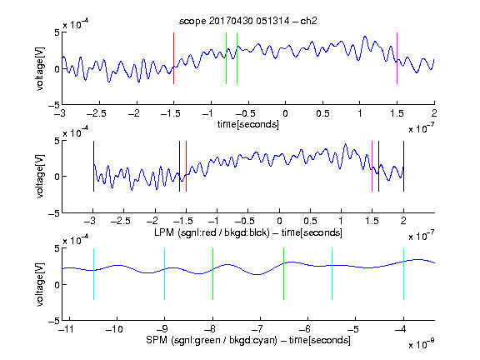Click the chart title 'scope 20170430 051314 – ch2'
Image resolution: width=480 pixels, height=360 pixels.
coord(248,21)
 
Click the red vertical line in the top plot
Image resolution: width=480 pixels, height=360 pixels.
coord(173,58)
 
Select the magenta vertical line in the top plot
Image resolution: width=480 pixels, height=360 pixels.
coord(397,58)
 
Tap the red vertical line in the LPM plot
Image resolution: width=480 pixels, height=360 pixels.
coord(186,166)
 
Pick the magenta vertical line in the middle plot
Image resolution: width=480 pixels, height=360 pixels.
coord(372,166)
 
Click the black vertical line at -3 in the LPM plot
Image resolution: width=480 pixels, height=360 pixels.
coord(93,166)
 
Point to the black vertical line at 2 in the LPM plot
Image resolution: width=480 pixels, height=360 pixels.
coord(403,166)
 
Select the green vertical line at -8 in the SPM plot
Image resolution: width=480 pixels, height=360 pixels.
coord(212,274)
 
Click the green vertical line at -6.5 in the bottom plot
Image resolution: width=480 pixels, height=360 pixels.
coord(284,274)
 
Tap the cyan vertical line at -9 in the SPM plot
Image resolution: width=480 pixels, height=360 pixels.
coord(164,274)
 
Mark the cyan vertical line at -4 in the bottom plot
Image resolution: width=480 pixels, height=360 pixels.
coord(403,274)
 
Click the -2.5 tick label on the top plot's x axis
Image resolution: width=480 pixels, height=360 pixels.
coord(96,113)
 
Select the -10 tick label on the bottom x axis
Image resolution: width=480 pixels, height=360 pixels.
coord(114,329)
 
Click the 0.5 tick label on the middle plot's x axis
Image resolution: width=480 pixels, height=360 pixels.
coord(310,221)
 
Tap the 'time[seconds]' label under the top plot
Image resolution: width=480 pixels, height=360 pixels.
coord(248,124)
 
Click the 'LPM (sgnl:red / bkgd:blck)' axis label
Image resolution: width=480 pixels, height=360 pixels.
coord(212,232)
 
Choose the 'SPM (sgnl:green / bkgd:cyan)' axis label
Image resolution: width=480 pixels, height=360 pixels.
coord(212,340)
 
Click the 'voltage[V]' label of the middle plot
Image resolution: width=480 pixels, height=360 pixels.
coord(40,177)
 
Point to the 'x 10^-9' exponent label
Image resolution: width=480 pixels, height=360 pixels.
coord(422,344)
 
